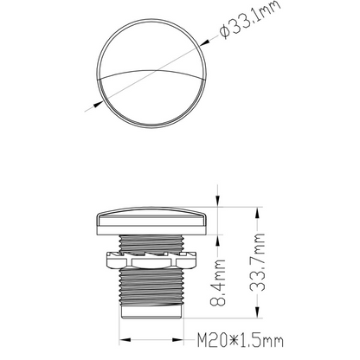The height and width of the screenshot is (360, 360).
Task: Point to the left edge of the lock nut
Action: (106, 257)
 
